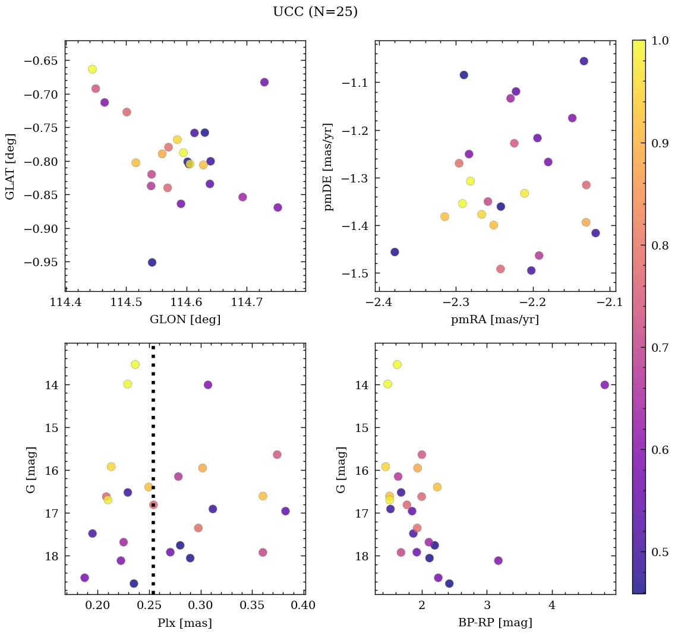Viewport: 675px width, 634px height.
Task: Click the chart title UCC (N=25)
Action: pos(315,12)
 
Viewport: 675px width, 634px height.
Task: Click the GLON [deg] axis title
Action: pos(185,320)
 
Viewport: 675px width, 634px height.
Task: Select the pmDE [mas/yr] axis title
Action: pos(328,167)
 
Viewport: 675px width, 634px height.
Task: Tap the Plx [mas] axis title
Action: pos(185,623)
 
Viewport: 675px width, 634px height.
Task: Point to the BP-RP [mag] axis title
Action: pos(495,623)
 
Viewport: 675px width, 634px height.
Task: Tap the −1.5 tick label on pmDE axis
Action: pos(354,274)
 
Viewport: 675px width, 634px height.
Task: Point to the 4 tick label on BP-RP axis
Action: pos(552,607)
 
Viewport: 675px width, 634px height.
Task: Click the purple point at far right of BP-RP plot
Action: pos(605,385)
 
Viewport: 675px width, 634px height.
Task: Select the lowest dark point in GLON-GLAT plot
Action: pos(152,263)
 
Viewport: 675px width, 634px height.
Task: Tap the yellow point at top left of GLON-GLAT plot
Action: pos(92,69)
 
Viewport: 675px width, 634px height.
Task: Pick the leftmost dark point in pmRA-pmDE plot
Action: pos(395,252)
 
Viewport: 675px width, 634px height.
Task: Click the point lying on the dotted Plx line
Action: pos(153,505)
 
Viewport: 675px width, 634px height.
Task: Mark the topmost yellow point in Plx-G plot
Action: pos(135,364)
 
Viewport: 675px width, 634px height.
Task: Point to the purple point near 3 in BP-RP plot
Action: pos(498,560)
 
